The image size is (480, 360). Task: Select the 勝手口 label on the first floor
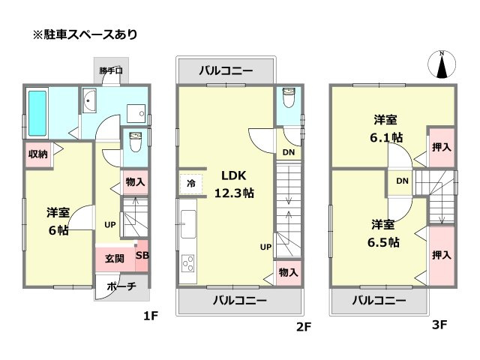pos(112,72)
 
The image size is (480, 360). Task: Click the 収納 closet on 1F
pos(37,154)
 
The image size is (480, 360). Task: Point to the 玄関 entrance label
pos(115,259)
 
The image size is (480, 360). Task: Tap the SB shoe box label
pos(142,255)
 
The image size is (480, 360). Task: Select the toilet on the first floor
pos(136,142)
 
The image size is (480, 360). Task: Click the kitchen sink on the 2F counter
pos(187,224)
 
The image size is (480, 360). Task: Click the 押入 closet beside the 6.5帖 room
pos(442,255)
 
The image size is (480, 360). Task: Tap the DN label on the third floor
pos(402,181)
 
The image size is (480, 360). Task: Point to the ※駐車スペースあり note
pos(84,34)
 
